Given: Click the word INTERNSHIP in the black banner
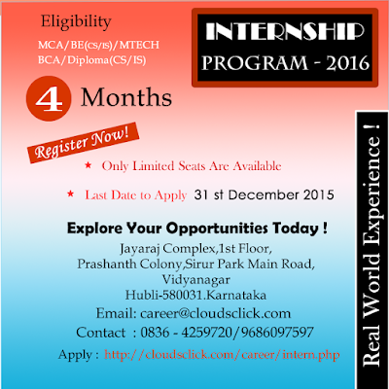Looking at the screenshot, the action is pos(285,31).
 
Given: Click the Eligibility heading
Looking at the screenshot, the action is pos(76,22).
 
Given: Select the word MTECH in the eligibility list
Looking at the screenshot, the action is pos(139,45).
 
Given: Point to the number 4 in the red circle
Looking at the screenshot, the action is pos(49,99).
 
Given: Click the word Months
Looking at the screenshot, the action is pos(126,97).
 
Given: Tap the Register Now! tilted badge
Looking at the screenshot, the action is pos(83,143).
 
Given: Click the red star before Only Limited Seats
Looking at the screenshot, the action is pos(88,165).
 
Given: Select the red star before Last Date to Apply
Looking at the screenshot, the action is pos(70,194).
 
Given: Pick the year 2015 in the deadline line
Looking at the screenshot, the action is pos(319,194).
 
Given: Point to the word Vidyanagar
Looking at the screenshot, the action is pos(196,279).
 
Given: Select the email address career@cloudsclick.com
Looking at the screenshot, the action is pos(215,313).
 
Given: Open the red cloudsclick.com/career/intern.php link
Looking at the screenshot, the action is pos(222,354).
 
